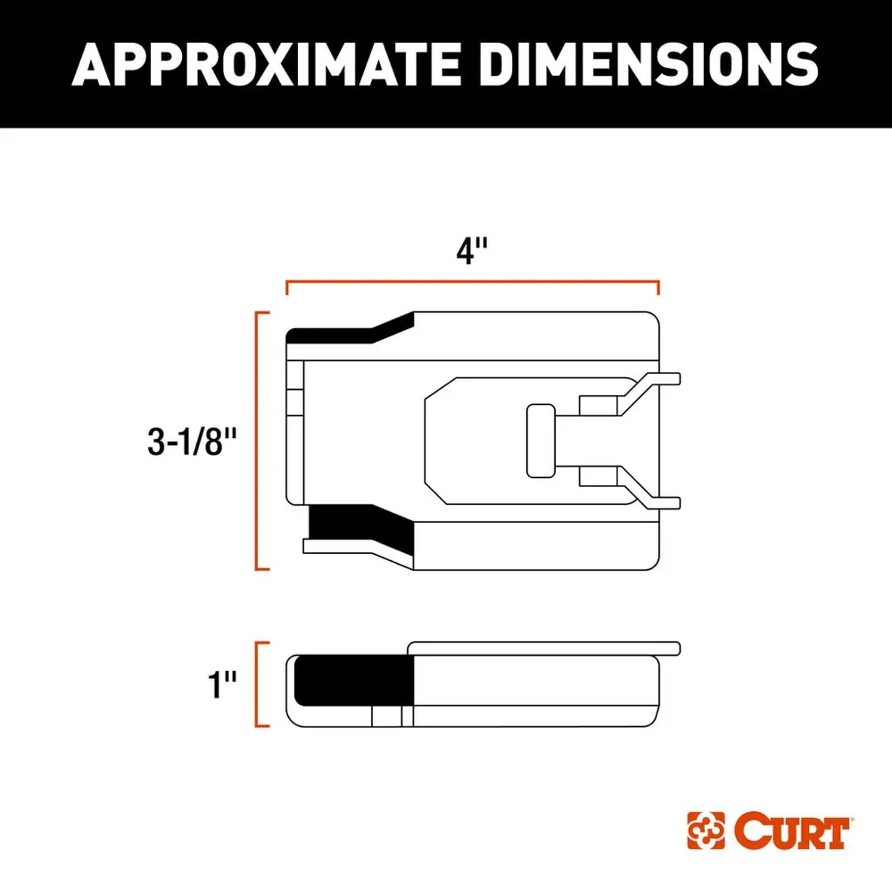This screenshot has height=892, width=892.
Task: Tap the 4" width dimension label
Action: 472,251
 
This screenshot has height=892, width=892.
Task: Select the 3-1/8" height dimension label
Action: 192,442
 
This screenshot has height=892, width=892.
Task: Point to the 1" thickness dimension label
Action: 222,684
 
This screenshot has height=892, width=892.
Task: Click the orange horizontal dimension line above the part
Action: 472,282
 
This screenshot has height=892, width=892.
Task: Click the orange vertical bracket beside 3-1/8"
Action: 257,441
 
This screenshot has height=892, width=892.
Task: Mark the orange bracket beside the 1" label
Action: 257,684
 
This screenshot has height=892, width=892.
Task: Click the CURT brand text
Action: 792,831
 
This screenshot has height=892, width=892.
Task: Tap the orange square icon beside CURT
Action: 706,831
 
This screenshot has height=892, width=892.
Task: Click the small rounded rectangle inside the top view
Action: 540,441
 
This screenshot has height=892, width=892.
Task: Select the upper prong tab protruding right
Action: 669,379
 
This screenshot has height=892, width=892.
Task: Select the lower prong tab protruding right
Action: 669,503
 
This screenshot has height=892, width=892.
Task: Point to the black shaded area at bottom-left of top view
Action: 357,524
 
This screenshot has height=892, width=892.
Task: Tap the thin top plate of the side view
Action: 544,648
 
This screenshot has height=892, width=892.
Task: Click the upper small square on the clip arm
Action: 598,405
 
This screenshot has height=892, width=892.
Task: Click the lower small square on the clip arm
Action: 598,476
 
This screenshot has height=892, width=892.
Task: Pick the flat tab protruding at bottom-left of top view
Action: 334,546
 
